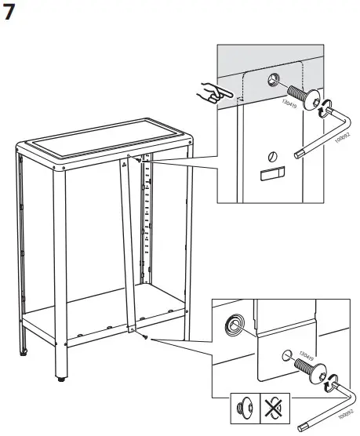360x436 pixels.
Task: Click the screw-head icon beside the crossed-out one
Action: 242,409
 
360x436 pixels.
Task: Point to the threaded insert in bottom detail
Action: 235,325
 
